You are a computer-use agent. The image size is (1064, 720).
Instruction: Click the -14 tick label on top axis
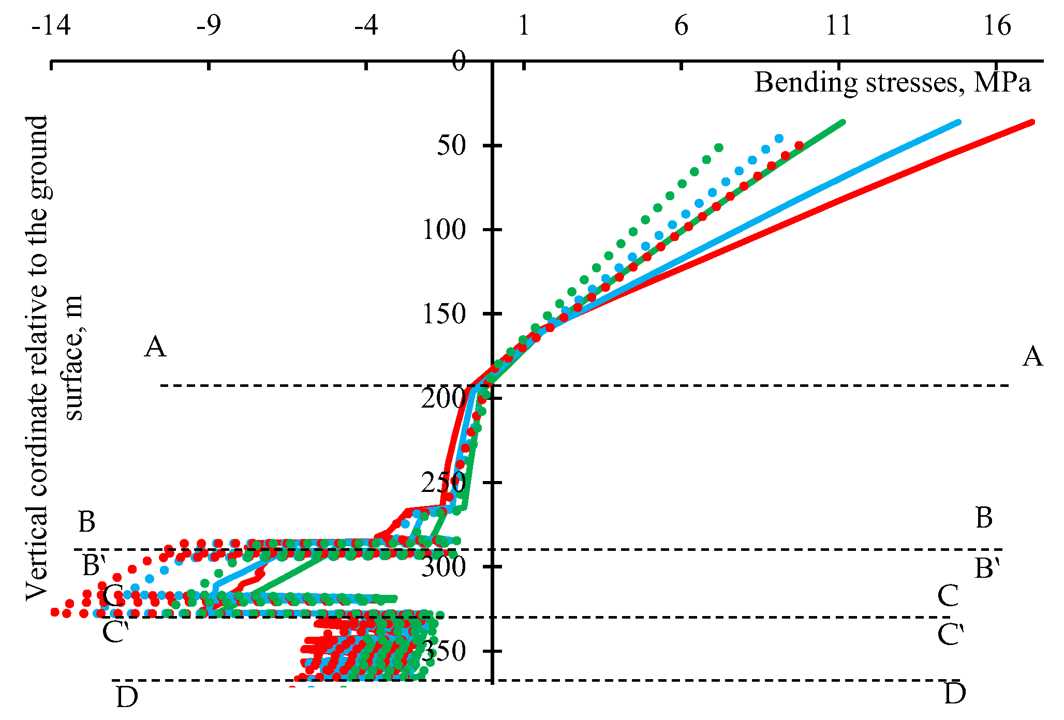[x=51, y=25]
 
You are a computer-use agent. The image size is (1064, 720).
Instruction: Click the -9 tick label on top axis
[x=209, y=25]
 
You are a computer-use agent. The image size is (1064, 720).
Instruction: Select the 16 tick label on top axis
[x=997, y=25]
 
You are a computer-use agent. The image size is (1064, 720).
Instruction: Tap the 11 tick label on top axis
[x=838, y=25]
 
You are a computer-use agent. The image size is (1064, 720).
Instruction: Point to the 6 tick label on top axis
[x=681, y=25]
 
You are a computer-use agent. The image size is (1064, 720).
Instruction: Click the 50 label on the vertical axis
[x=451, y=146]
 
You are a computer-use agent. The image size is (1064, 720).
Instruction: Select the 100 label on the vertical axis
[x=444, y=230]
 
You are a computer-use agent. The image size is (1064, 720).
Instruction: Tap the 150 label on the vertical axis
[x=444, y=314]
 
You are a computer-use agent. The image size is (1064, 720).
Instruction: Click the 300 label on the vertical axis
[x=444, y=567]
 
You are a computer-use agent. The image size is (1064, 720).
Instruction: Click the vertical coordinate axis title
[x=52, y=357]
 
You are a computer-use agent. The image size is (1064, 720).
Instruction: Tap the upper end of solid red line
[x=1031, y=122]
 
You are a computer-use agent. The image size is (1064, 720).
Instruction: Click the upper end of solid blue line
[x=958, y=122]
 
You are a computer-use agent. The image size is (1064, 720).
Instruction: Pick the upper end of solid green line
[x=843, y=122]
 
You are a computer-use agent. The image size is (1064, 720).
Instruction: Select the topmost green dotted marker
[x=718, y=147]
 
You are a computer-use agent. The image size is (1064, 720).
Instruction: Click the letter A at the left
[x=155, y=347]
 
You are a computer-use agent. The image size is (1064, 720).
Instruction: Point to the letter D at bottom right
[x=955, y=694]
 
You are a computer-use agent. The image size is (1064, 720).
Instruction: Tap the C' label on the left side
[x=115, y=633]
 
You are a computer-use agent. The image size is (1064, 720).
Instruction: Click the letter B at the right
[x=984, y=518]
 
